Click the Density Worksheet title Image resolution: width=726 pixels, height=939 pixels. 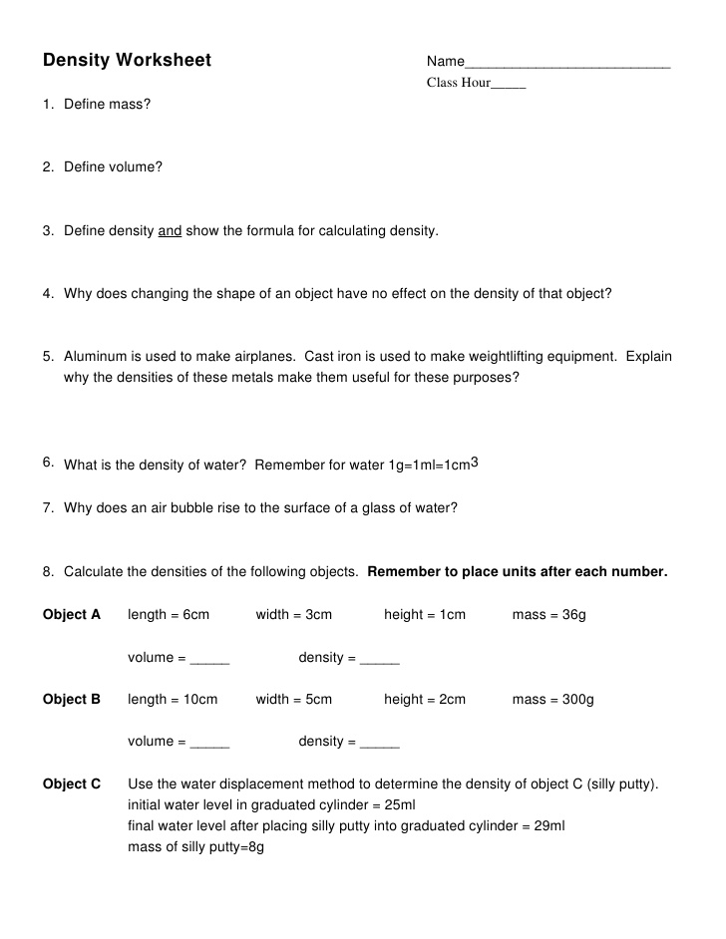(x=127, y=61)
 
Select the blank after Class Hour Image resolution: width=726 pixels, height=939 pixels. (x=508, y=85)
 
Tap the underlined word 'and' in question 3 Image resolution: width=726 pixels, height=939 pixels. (x=170, y=231)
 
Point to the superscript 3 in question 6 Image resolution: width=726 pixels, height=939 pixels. (x=475, y=463)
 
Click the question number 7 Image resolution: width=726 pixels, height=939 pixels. (x=48, y=507)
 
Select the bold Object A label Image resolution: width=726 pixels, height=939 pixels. (x=72, y=615)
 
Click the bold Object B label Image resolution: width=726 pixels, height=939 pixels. (x=72, y=700)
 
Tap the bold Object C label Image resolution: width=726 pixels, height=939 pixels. (x=72, y=784)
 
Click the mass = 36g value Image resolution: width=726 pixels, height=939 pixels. (x=548, y=615)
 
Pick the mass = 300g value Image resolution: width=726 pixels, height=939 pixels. (x=552, y=700)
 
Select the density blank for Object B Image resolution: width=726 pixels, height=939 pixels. (x=379, y=744)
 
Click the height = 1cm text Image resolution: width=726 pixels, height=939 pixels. (x=424, y=615)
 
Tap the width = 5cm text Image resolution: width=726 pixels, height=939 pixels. (x=293, y=700)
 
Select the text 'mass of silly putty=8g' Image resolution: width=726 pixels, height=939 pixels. (x=195, y=847)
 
